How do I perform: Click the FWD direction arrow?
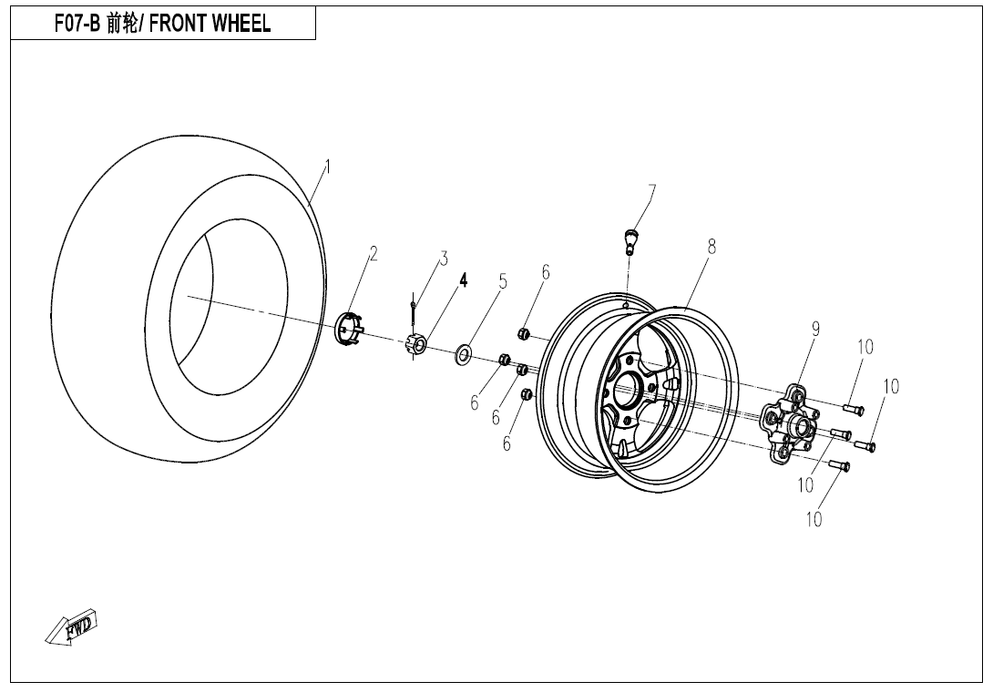71,627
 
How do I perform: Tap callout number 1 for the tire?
327,167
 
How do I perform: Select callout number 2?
373,255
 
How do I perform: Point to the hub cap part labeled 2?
350,329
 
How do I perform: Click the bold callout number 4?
463,280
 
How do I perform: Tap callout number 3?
444,258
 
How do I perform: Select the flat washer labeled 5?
464,353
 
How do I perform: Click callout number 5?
502,281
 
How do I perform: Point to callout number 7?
651,191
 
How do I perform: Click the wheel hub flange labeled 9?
788,421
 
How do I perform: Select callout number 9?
815,330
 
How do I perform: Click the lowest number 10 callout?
814,519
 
